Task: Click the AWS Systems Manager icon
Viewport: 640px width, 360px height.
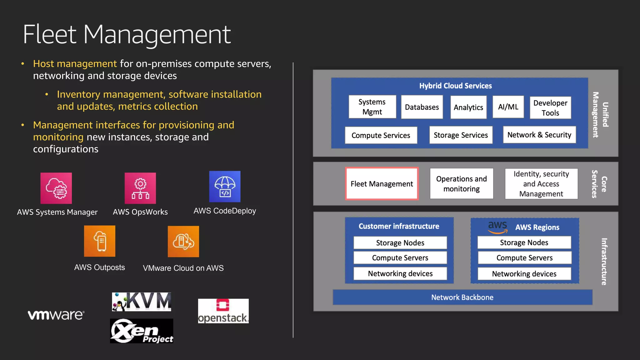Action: point(56,188)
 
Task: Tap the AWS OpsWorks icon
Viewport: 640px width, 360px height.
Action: point(140,188)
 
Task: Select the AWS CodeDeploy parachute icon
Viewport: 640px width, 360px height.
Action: point(225,187)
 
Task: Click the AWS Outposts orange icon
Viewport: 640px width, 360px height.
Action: point(100,241)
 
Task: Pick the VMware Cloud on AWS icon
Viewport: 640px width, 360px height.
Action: point(183,242)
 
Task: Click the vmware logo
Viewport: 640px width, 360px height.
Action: point(56,315)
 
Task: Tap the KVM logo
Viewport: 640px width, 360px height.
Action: point(142,302)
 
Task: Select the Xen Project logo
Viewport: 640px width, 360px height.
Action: point(142,331)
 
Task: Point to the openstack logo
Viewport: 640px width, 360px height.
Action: point(223,311)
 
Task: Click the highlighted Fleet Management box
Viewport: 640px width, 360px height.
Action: point(382,184)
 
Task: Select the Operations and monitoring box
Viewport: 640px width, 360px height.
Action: point(462,184)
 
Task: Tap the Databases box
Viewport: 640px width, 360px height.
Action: point(422,107)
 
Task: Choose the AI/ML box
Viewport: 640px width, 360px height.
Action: point(508,107)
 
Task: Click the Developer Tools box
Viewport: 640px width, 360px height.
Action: point(550,108)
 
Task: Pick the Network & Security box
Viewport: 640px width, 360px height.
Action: point(539,135)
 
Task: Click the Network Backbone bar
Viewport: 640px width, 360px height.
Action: point(462,297)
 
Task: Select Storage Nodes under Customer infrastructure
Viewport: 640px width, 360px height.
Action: point(400,243)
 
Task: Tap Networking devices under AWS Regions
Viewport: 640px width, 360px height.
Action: point(524,274)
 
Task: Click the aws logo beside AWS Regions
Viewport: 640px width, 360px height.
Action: point(497,227)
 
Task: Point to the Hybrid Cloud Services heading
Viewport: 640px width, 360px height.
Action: point(455,86)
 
